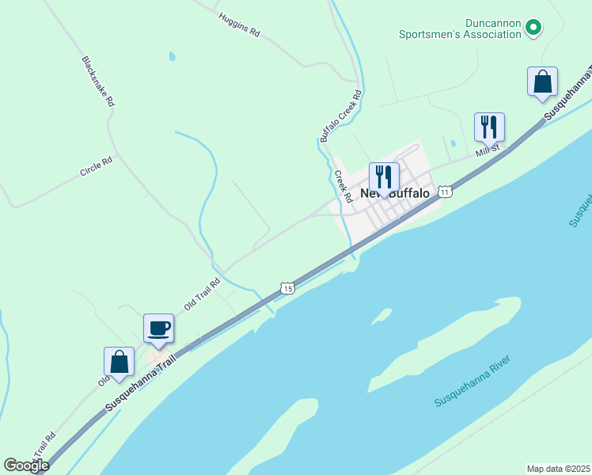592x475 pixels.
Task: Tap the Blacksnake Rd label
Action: [98, 82]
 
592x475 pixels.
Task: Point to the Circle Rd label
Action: [96, 165]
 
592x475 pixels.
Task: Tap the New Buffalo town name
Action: [395, 193]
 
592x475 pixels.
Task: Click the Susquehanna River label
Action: [472, 382]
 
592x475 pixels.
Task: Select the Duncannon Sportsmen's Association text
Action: [459, 29]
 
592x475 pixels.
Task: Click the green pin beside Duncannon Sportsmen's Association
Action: [533, 28]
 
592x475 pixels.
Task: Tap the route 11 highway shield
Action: [446, 192]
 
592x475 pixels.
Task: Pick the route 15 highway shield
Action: [287, 288]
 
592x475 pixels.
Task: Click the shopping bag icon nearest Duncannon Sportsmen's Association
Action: [542, 82]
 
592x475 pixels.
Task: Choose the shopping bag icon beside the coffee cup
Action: [119, 361]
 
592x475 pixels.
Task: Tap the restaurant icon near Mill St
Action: [489, 127]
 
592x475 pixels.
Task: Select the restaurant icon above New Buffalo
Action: [384, 177]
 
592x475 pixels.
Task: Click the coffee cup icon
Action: [158, 328]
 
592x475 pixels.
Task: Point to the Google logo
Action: [26, 465]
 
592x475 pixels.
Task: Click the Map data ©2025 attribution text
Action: [558, 469]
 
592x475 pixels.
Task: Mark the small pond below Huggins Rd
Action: [172, 57]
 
